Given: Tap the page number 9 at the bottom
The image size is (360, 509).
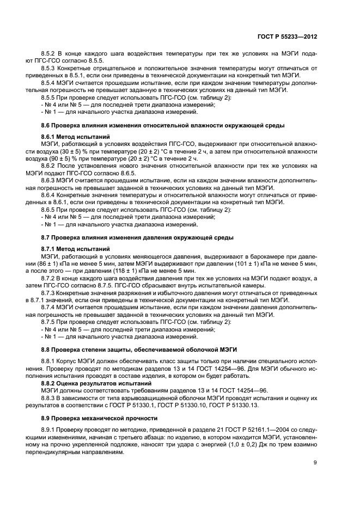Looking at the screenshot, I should coord(315,463).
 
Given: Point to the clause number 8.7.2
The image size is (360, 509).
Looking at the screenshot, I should coord(49,278).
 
